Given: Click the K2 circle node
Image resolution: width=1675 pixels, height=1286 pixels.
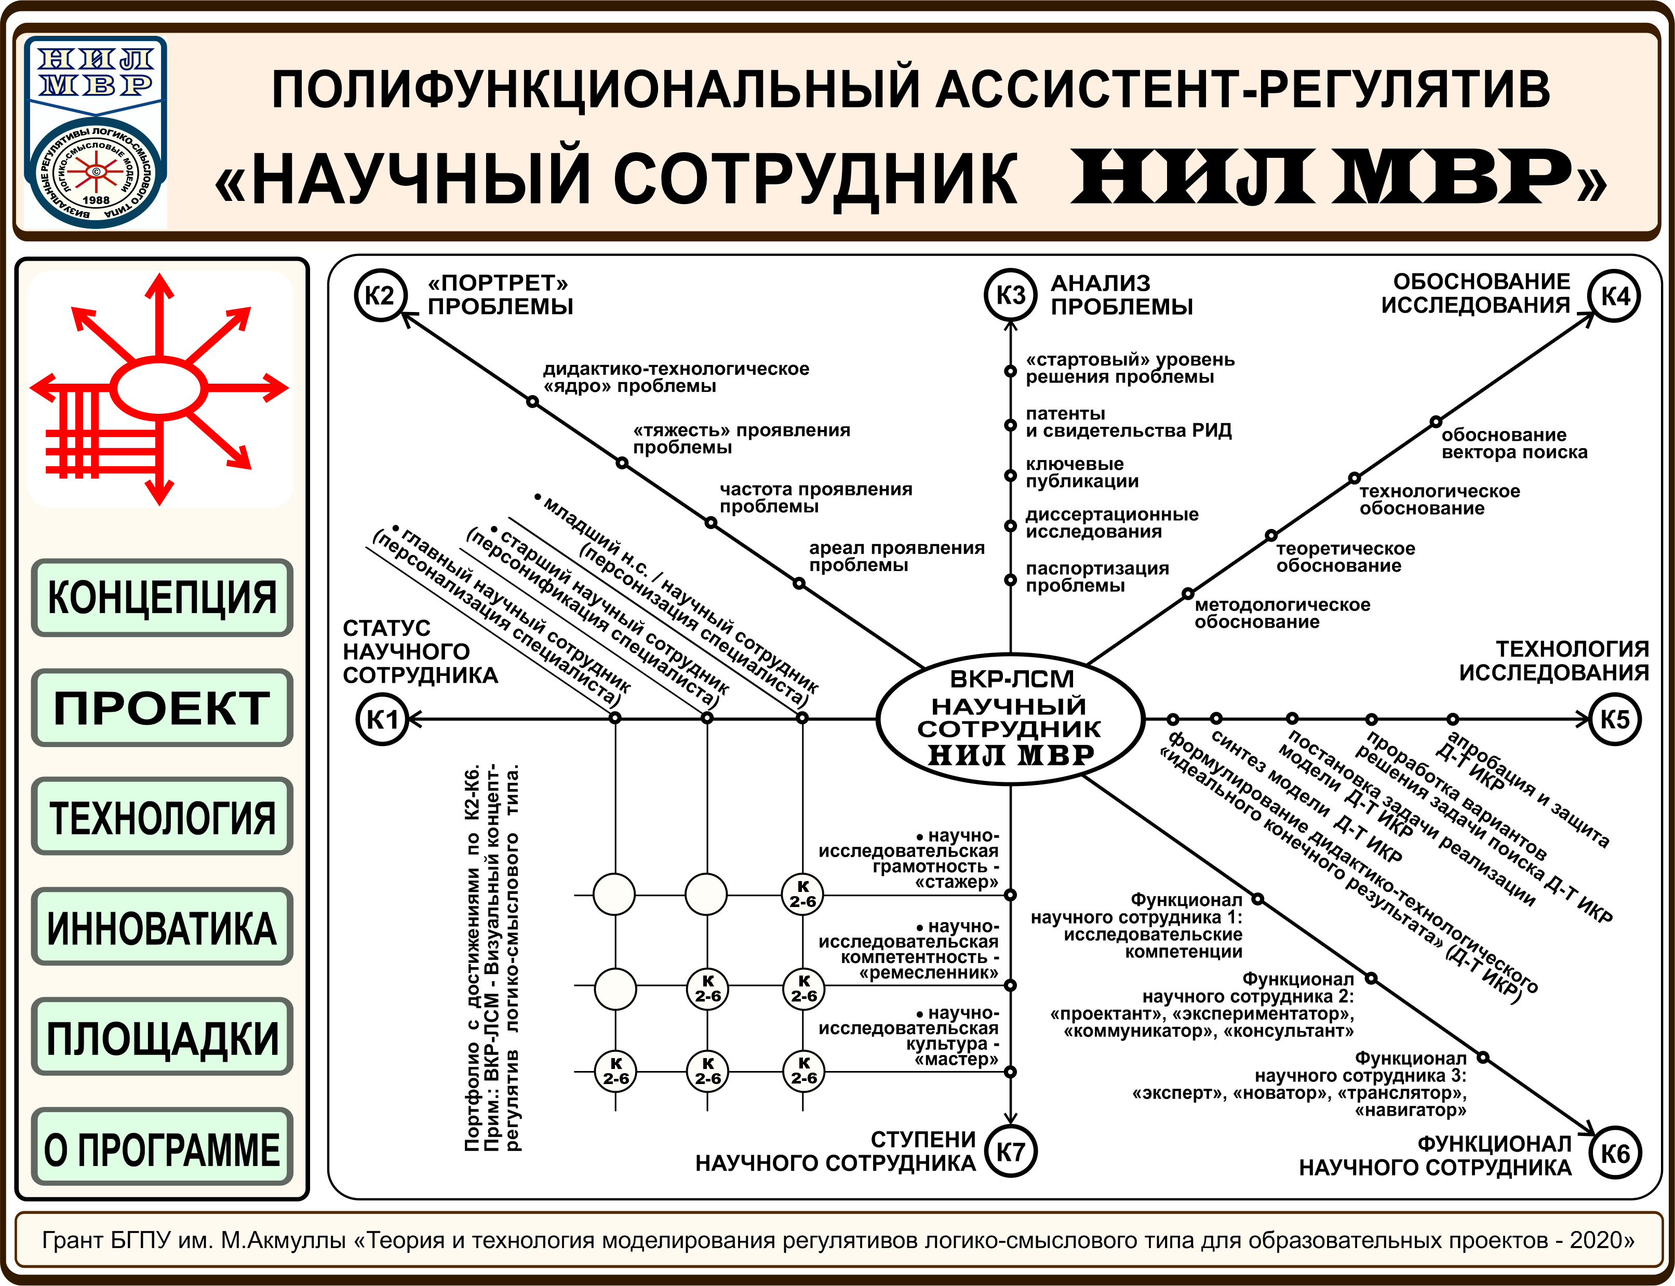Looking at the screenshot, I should point(380,295).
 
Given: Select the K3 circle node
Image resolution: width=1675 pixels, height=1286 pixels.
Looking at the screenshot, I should point(1010,295).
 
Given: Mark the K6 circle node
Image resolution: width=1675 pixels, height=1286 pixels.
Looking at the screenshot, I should point(1615,1154).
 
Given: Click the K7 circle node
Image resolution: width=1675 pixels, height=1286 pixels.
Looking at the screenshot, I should point(1010,1152).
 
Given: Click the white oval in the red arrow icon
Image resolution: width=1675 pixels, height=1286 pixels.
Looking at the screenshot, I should point(159,388).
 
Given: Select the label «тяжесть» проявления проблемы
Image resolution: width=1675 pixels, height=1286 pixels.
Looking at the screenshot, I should point(741,439).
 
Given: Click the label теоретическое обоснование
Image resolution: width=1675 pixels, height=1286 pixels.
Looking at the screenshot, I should point(1345,557).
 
